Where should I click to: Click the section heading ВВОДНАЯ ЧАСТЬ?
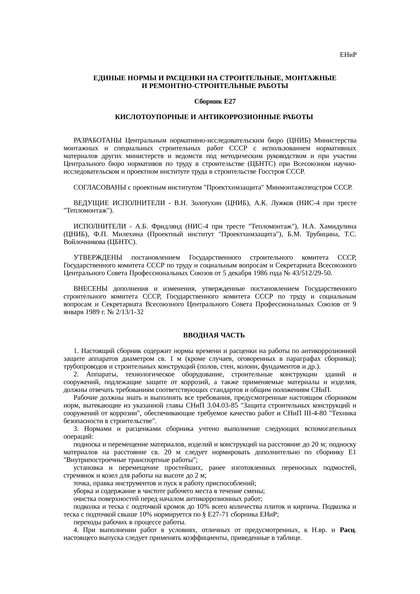[214, 335]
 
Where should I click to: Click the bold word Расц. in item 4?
[347, 530]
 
